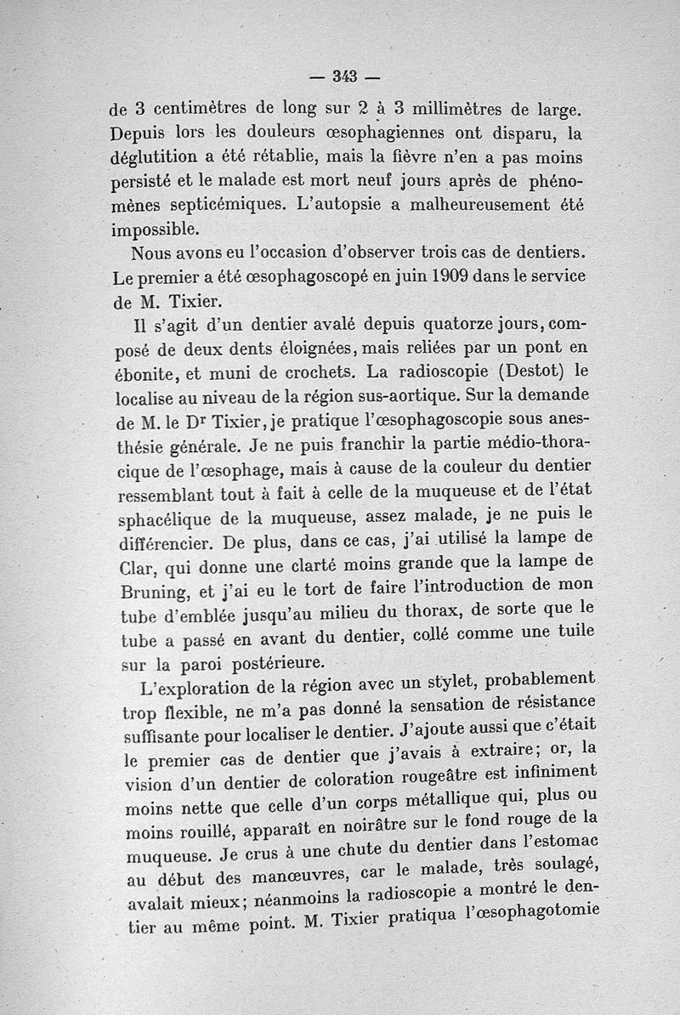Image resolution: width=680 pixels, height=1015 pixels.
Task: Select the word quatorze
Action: pyautogui.click(x=425, y=325)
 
